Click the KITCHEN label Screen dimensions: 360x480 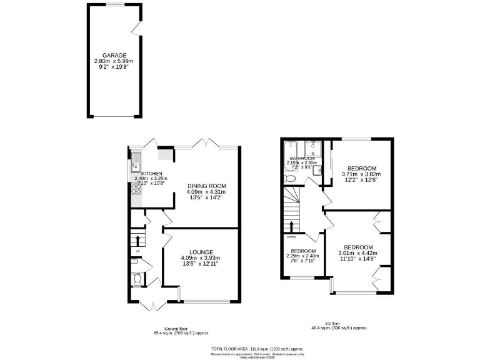click(152, 173)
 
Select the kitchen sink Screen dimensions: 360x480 click(135, 166)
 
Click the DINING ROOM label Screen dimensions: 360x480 click(206, 186)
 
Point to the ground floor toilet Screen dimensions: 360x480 click(137, 280)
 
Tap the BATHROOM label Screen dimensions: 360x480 click(302, 159)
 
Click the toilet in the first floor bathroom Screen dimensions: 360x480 click(289, 179)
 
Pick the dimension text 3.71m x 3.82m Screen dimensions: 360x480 click(362, 174)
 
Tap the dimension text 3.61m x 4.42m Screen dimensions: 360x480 click(357, 252)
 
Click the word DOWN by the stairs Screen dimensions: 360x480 click(291, 237)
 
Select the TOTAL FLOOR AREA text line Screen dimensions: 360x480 click(257, 348)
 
